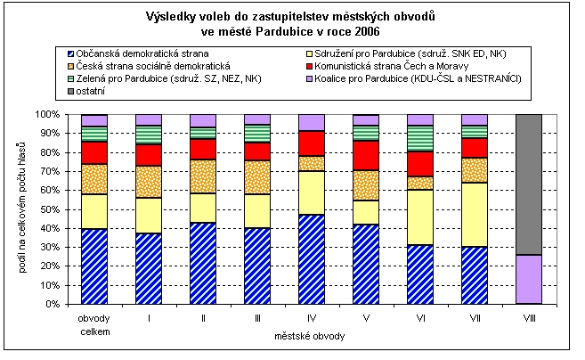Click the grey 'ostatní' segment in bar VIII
coord(529,184)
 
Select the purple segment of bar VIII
coord(529,279)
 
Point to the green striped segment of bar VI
coord(420,138)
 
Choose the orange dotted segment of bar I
coord(149,182)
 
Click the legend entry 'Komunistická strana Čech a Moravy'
coord(409,66)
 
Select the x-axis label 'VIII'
coord(529,315)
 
